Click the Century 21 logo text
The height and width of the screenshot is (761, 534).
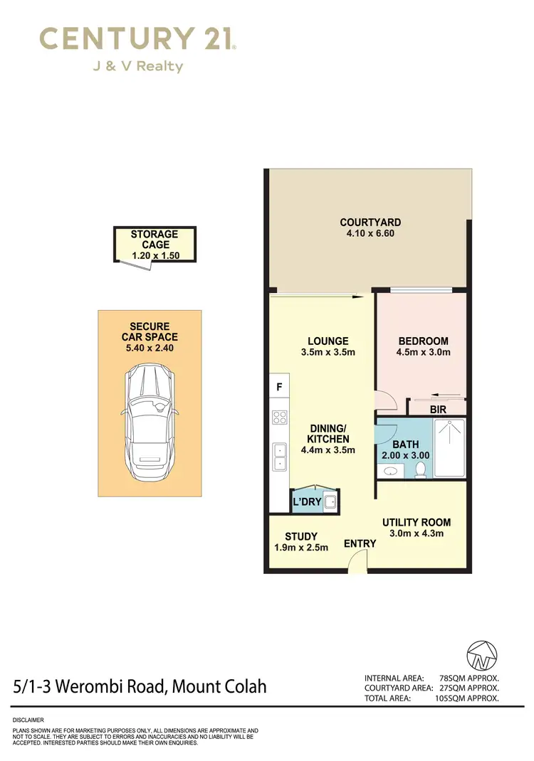pos(137,38)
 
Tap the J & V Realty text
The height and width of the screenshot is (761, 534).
pos(137,67)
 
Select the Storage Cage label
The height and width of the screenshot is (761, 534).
pos(155,239)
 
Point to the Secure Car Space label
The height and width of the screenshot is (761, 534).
pos(150,331)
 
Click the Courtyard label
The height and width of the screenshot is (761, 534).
pos(370,222)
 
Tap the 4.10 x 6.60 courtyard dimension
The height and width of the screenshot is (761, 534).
pos(370,233)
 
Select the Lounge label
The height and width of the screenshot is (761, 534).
pos(328,341)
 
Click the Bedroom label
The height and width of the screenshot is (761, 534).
pos(423,341)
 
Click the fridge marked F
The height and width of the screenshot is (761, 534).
pos(278,388)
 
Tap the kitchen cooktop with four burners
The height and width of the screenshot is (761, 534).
pos(279,418)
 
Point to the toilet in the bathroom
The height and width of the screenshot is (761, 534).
pos(421,469)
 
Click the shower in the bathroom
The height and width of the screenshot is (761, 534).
pos(449,447)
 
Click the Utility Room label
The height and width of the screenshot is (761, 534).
pos(417,523)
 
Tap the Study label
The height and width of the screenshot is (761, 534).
pos(301,536)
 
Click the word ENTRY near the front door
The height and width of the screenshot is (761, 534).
pos(360,544)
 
